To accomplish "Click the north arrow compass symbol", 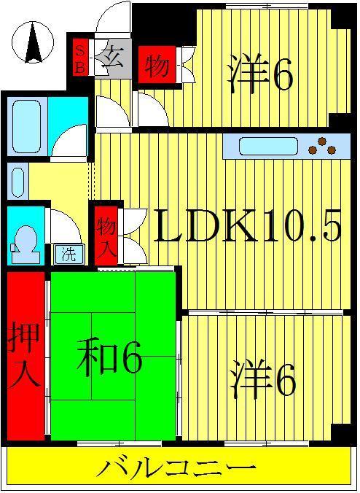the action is click(33, 42).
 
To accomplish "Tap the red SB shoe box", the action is click(80, 57).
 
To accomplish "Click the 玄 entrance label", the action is click(113, 58).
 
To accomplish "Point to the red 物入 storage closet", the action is click(106, 236).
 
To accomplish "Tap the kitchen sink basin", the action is click(268, 146).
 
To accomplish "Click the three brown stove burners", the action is click(322, 147).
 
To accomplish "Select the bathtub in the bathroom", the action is click(26, 125).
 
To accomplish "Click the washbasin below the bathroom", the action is click(18, 182).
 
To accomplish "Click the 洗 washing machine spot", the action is click(69, 254).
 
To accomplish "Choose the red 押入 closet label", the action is click(25, 354).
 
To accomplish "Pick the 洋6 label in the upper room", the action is click(261, 74).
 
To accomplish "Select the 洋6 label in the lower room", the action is click(262, 380).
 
